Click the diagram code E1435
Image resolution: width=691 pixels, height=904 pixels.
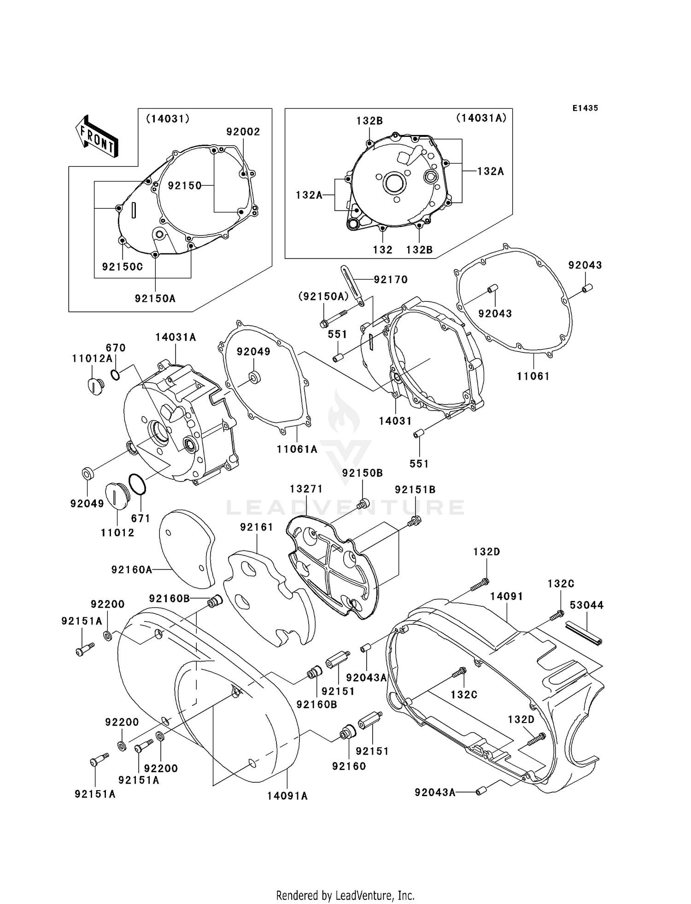pyautogui.click(x=585, y=108)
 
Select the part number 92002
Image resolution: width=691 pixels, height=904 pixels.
pyautogui.click(x=243, y=132)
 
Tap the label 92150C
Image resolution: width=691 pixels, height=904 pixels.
pyautogui.click(x=123, y=267)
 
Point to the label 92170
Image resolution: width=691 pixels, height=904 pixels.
pyautogui.click(x=390, y=280)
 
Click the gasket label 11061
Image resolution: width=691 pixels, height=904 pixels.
pyautogui.click(x=533, y=376)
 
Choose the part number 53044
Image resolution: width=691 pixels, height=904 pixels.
pyautogui.click(x=586, y=605)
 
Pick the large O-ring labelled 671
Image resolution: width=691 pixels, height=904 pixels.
pyautogui.click(x=137, y=485)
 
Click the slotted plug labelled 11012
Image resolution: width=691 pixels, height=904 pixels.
pyautogui.click(x=114, y=495)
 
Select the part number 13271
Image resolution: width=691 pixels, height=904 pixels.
pyautogui.click(x=306, y=489)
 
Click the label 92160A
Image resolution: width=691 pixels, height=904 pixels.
pyautogui.click(x=131, y=570)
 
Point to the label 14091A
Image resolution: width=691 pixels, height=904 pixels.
pyautogui.click(x=287, y=796)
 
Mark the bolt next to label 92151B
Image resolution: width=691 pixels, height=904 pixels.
pyautogui.click(x=414, y=521)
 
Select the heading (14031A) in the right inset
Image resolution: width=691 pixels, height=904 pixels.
pyautogui.click(x=481, y=118)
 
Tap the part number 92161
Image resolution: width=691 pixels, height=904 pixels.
pyautogui.click(x=257, y=527)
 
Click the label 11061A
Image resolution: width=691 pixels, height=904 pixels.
pyautogui.click(x=297, y=449)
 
